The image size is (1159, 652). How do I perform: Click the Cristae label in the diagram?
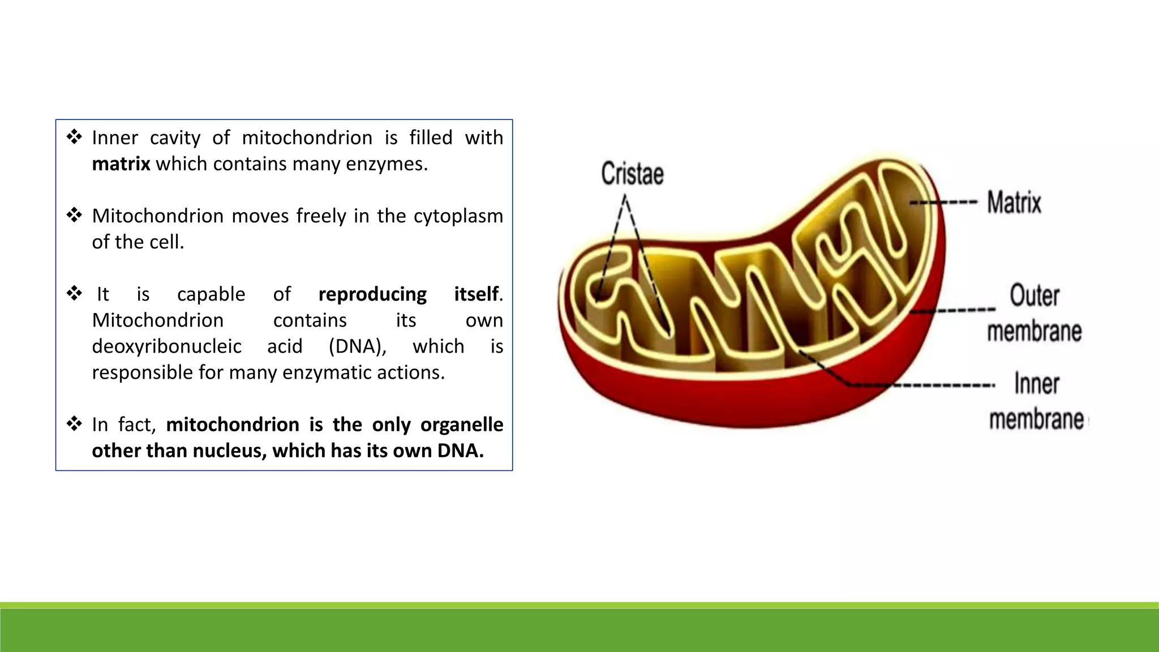click(x=632, y=174)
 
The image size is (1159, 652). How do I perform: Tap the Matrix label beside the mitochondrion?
click(x=1014, y=203)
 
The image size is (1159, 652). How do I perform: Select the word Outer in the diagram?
click(x=1034, y=295)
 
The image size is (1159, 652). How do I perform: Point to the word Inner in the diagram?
click(x=1036, y=384)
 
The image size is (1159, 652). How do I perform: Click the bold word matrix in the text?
click(x=121, y=164)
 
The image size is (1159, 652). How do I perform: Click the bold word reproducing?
click(x=372, y=294)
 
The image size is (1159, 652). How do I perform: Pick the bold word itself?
click(x=477, y=294)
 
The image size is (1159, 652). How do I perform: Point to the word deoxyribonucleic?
click(x=166, y=346)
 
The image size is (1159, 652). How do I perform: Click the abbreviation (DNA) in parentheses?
click(x=357, y=346)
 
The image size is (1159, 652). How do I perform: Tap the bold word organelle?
click(x=462, y=424)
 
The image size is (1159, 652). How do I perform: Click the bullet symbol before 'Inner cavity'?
click(x=74, y=137)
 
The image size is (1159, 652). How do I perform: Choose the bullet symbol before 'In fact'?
click(x=74, y=424)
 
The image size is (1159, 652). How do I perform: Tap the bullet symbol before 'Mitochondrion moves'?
click(x=74, y=215)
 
